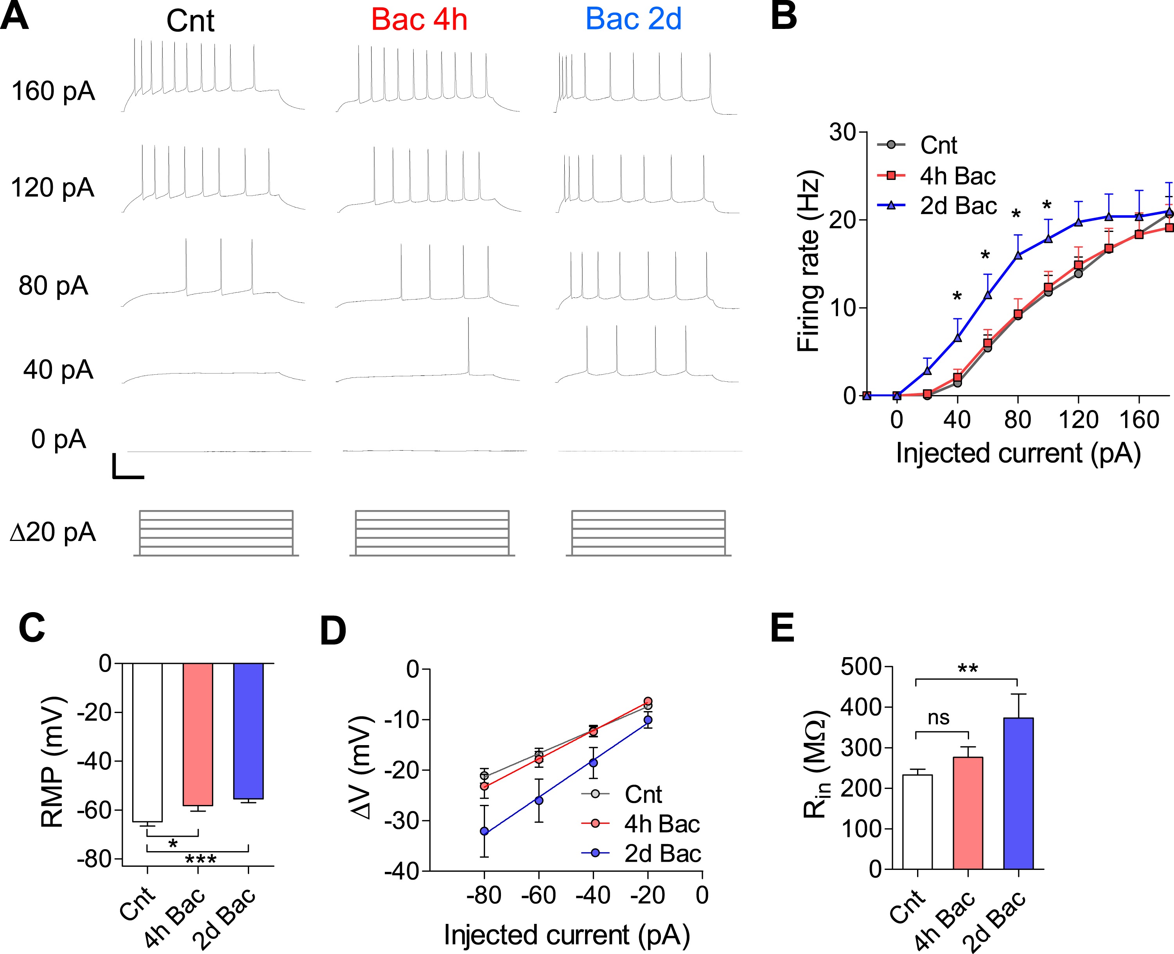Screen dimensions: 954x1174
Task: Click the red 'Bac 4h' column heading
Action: click(419, 20)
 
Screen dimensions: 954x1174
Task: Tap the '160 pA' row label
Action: click(53, 91)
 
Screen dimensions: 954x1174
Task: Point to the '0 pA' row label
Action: click(58, 439)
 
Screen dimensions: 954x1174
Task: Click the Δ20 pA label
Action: click(53, 532)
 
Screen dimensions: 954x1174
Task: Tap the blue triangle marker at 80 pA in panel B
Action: click(1018, 255)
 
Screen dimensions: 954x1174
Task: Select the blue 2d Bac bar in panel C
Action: click(248, 731)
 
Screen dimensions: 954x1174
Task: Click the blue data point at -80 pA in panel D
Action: click(484, 832)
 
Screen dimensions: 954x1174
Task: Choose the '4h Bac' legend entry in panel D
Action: click(661, 824)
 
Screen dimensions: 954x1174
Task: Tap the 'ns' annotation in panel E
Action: click(938, 718)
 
